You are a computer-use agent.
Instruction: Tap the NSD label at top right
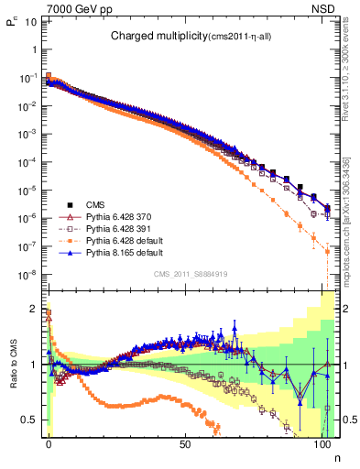coord(326,7)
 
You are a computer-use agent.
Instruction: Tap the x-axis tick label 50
coord(186,442)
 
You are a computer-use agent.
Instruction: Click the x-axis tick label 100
coord(322,442)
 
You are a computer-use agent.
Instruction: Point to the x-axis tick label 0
coord(49,442)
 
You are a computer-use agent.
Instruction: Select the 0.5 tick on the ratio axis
coord(29,420)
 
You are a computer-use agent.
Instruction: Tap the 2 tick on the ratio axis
coord(33,309)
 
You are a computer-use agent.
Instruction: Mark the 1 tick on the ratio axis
coord(33,365)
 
